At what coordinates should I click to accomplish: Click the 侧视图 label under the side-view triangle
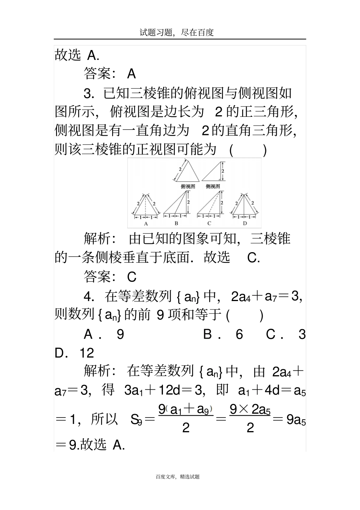tap(213, 187)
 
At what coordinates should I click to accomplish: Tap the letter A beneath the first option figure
tap(146, 224)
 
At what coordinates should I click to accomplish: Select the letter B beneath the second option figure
tap(176, 224)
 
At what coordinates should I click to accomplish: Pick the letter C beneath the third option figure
tap(209, 224)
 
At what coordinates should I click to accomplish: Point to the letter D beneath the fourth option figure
tap(244, 224)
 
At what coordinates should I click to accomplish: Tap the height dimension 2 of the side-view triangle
tap(223, 171)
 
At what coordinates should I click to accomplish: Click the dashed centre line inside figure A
tap(146, 205)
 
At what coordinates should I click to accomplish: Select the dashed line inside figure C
tap(214, 203)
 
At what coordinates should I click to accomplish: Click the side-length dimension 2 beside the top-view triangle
tap(180, 169)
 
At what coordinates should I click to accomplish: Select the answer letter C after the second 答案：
tap(131, 277)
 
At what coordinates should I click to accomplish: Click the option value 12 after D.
tap(86, 353)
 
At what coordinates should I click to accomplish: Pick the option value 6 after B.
tap(239, 334)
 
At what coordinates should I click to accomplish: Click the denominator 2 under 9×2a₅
tap(250, 428)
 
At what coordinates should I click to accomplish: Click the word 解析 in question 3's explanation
tap(97, 239)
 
